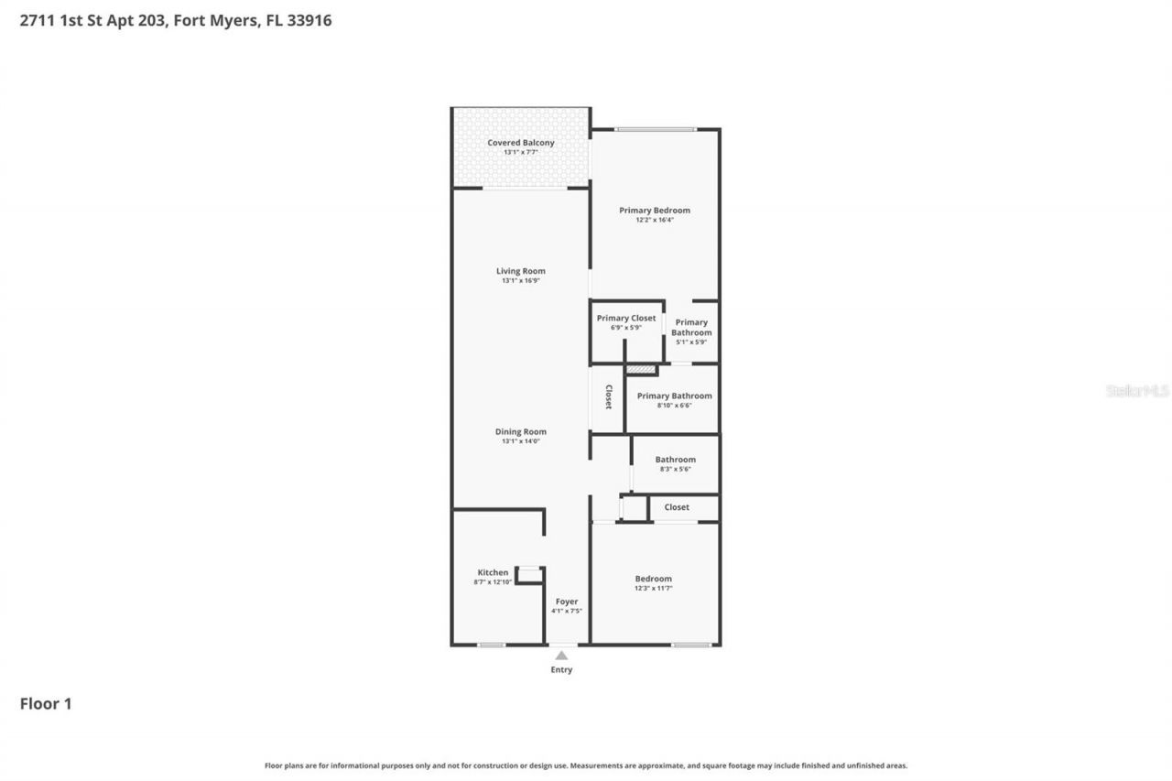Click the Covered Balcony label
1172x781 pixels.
coord(520,143)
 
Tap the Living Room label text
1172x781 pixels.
coord(520,271)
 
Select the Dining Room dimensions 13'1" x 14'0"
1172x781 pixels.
coord(520,441)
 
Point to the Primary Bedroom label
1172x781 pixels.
coord(654,211)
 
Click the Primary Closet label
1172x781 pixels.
coord(626,318)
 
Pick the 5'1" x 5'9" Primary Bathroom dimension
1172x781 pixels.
coord(691,342)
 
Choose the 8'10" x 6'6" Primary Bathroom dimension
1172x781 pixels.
coord(674,406)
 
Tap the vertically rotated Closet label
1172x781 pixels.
coord(608,396)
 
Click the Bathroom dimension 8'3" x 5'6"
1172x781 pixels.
coord(675,469)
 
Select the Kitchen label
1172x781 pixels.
coord(493,572)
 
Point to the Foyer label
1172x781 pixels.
coord(567,602)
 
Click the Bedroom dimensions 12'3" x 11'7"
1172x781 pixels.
coord(654,588)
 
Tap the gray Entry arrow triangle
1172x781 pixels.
coord(561,656)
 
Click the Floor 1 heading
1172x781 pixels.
coord(46,704)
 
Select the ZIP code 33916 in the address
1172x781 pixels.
coord(309,20)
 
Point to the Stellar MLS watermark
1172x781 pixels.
coord(1137,391)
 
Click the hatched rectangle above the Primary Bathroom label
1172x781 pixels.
coord(641,370)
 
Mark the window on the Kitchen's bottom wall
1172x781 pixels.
coord(492,645)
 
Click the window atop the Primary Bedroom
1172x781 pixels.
coord(655,129)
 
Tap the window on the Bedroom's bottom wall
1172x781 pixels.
coord(691,645)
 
